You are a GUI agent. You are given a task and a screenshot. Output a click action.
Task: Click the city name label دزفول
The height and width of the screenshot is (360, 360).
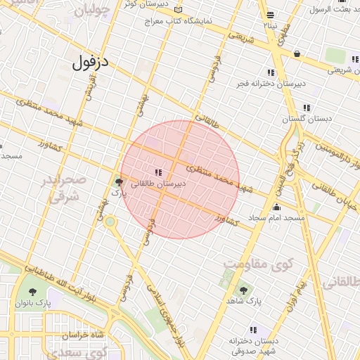coord(91,61)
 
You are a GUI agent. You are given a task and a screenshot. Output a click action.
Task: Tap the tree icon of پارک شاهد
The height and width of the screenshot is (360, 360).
coord(243,290)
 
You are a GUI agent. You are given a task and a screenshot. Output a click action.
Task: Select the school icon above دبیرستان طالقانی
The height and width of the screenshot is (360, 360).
coord(158,172)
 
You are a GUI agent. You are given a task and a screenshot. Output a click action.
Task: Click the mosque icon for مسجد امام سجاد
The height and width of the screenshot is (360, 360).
coord(276,207)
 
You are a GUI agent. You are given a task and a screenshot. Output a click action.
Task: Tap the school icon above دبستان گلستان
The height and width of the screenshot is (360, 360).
coord(307,108)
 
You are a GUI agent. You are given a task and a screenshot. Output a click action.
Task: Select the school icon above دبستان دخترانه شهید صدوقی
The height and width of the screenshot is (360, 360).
coord(254,330)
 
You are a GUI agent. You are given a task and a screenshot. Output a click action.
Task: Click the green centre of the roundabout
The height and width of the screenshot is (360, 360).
coord(110,221)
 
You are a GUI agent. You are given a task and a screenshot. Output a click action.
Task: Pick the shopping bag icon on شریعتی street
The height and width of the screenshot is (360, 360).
coord(297,53)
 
